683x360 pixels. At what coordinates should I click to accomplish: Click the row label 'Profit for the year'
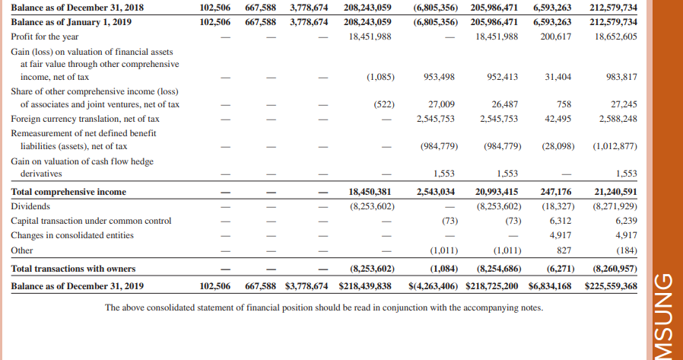click(45, 37)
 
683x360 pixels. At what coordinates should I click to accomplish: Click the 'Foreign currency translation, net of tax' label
click(85, 119)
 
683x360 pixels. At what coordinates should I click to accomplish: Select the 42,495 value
click(558, 119)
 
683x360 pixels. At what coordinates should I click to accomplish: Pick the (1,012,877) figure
click(615, 146)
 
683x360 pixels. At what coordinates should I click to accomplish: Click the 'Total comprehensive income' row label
click(68, 192)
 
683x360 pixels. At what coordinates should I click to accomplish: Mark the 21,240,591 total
click(615, 192)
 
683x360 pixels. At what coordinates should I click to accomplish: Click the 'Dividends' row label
click(30, 206)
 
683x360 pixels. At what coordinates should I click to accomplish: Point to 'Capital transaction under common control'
click(91, 221)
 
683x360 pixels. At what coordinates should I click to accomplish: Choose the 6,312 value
click(561, 221)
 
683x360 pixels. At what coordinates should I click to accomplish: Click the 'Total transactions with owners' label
click(73, 268)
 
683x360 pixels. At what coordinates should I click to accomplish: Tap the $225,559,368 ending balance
click(611, 286)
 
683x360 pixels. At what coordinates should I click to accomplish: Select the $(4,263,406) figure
click(433, 286)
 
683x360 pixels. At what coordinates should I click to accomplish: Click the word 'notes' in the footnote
click(531, 307)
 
